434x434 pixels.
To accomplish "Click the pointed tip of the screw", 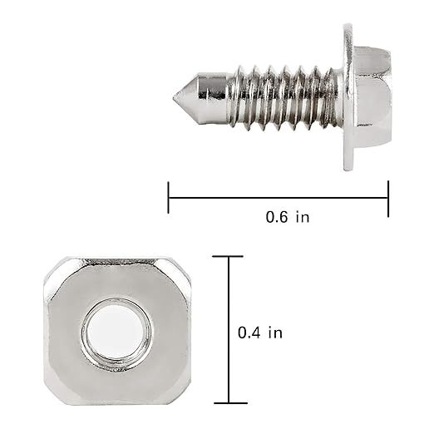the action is (x=174, y=97).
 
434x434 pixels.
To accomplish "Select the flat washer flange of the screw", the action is (x=348, y=97).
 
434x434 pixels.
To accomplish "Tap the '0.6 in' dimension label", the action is (x=288, y=217).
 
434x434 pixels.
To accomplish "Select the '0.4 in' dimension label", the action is (x=260, y=333).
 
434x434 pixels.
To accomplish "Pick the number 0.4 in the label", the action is (x=249, y=333).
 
